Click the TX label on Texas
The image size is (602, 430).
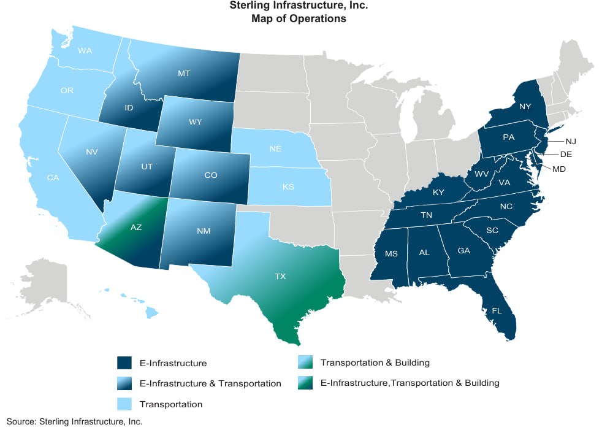[x=280, y=277]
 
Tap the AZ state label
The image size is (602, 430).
[x=136, y=227]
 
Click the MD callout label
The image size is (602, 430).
[x=558, y=169]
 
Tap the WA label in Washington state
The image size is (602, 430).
[x=85, y=51]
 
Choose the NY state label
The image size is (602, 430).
[x=524, y=107]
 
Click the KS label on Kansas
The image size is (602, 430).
[x=288, y=186]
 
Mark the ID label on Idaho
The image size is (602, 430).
[x=129, y=108]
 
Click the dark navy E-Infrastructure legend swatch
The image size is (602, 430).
[x=124, y=363]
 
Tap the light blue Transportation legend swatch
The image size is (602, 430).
[x=124, y=404]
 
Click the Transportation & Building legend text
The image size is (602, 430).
[x=379, y=363]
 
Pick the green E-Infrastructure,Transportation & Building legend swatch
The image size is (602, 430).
[x=305, y=383]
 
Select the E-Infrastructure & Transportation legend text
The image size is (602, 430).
[x=210, y=383]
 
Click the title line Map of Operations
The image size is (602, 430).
[x=299, y=19]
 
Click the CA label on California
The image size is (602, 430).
[x=53, y=179]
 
